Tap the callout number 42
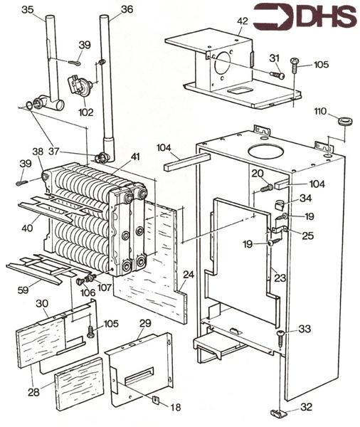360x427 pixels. click(x=243, y=21)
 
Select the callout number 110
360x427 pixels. click(x=320, y=111)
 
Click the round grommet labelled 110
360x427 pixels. click(x=344, y=120)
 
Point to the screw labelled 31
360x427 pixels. click(x=277, y=74)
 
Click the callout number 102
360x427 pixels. click(x=86, y=112)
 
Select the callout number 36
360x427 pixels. click(x=127, y=9)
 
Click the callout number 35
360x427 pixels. click(x=28, y=10)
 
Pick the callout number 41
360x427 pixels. click(x=135, y=157)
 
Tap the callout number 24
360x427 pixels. click(x=189, y=275)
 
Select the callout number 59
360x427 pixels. click(x=23, y=290)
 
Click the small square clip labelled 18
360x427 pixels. click(x=155, y=399)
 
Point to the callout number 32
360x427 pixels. click(x=306, y=407)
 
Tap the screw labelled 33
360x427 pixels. click(x=280, y=337)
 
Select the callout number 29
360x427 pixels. click(x=145, y=323)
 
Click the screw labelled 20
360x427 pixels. click(x=266, y=188)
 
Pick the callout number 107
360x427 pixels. click(x=105, y=288)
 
